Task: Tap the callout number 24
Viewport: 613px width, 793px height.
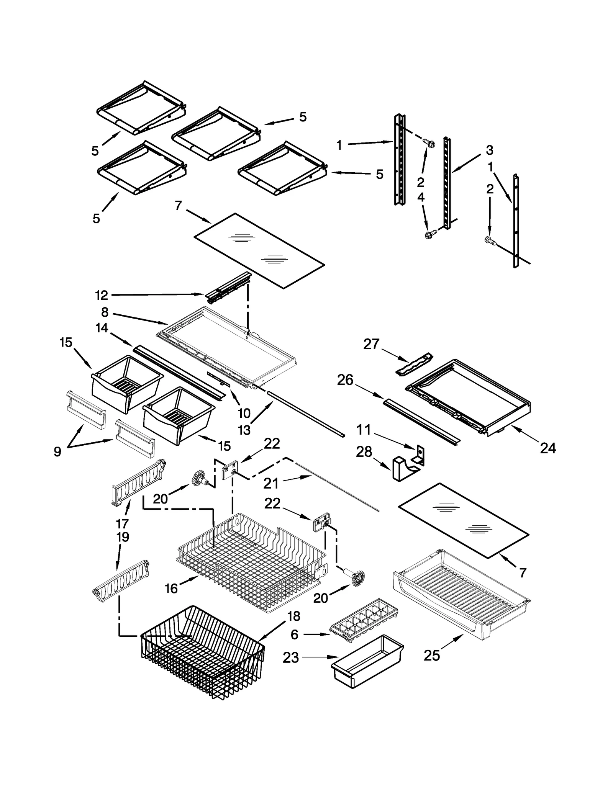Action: coord(547,448)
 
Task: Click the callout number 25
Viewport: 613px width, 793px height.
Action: coord(432,656)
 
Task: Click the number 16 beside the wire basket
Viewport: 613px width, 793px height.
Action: coord(171,588)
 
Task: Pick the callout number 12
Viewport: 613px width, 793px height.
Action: coord(102,295)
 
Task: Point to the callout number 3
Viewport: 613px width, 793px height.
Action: coord(489,150)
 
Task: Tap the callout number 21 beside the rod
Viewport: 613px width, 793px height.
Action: coord(271,483)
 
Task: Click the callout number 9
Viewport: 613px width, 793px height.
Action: coord(57,452)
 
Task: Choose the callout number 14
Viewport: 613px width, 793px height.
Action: coord(102,328)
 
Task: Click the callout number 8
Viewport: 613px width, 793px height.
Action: coord(105,312)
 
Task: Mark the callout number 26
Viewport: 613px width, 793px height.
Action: coord(345,380)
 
